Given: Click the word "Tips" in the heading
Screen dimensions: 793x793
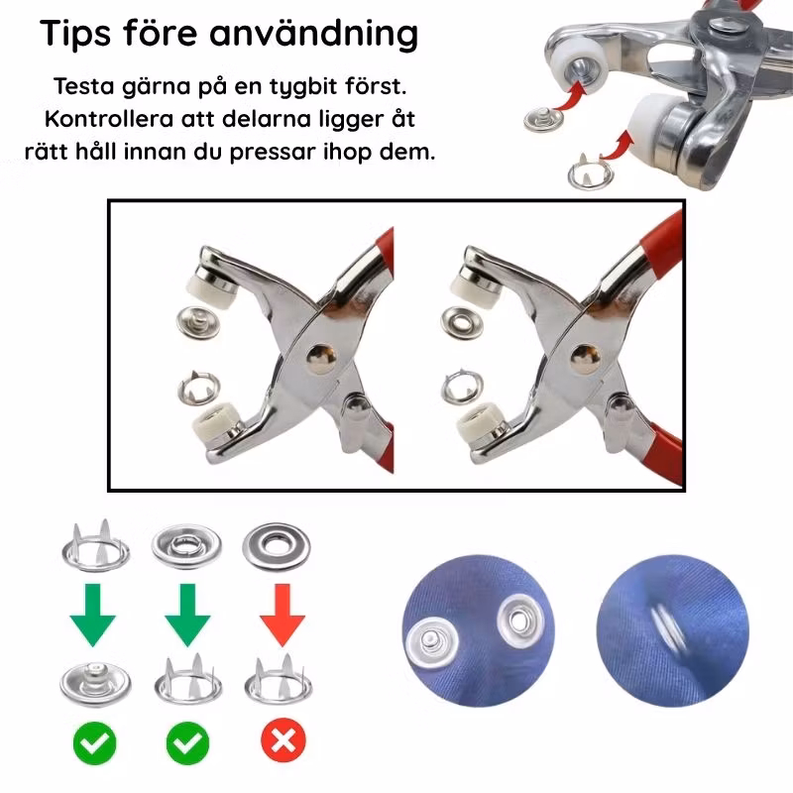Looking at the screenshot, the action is tap(75, 34).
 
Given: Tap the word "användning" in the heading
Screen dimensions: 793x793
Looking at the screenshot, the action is tap(313, 34).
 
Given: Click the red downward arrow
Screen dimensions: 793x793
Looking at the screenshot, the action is tap(283, 615).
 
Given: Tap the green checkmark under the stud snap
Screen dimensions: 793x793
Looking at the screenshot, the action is tap(94, 742).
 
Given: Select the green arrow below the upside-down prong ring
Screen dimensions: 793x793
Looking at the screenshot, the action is tap(93, 615).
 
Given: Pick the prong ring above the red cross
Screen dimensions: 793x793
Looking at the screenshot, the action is tap(279, 680).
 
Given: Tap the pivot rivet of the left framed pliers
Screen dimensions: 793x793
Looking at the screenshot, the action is tap(321, 358).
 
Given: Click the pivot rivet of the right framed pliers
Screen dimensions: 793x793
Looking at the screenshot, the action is tap(585, 359).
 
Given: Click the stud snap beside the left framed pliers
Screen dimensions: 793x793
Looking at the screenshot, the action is tap(198, 323).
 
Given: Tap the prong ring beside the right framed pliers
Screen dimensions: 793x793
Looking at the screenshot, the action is tap(462, 388).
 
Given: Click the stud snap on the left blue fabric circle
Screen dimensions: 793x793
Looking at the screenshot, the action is tap(432, 642).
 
